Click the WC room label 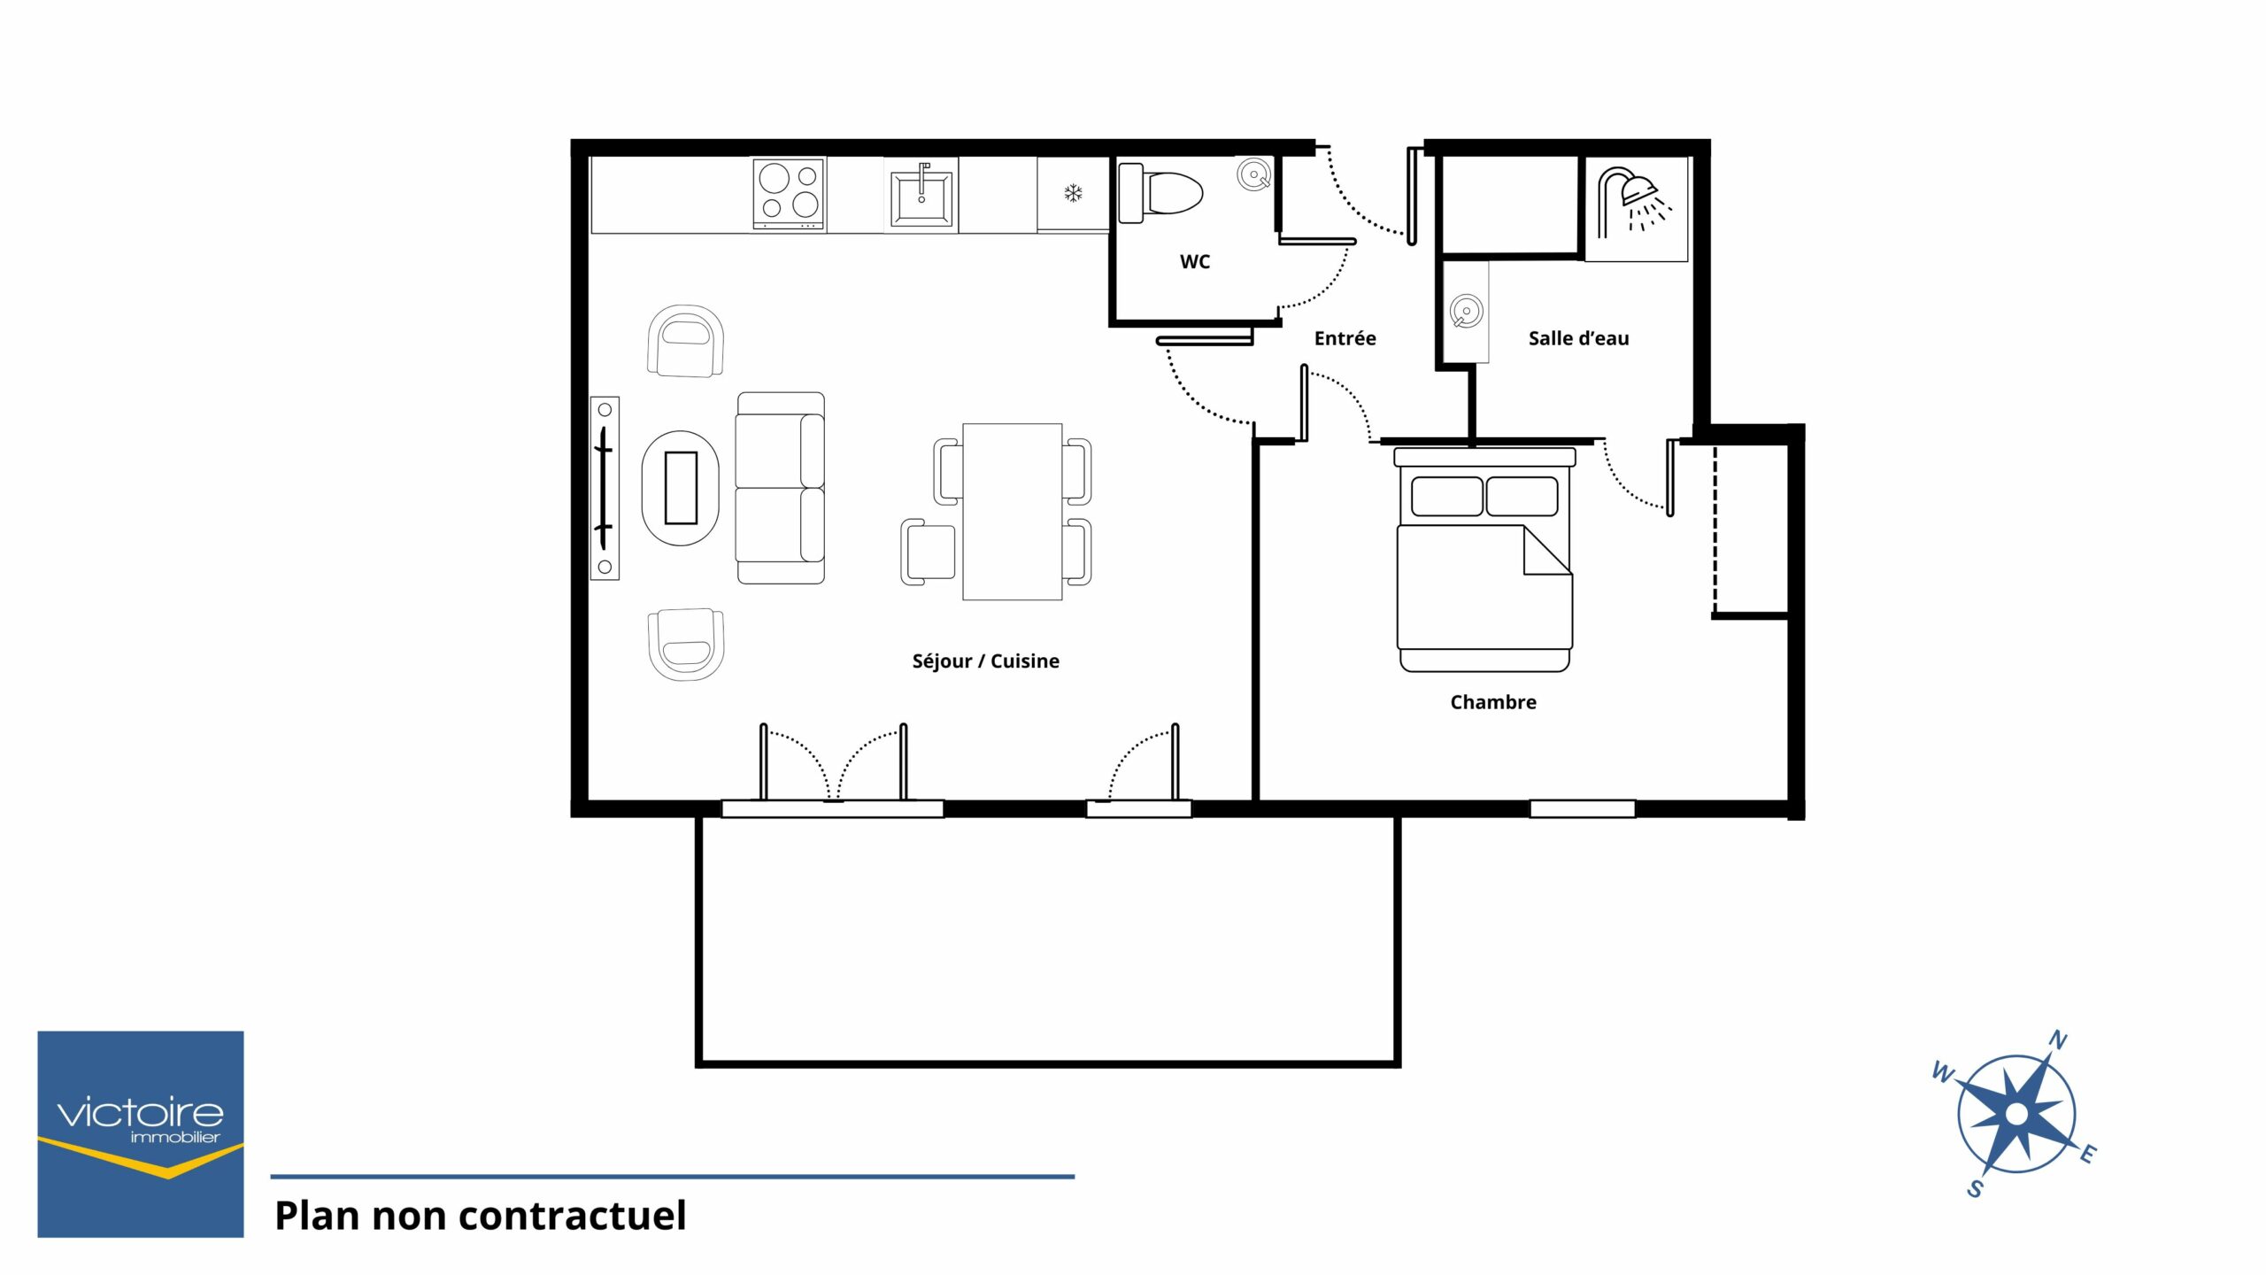[x=1194, y=262]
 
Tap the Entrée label [x=1345, y=338]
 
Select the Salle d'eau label [x=1578, y=338]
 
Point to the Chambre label [x=1493, y=702]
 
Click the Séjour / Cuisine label [x=985, y=661]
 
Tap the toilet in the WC [x=1160, y=192]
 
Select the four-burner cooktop [x=790, y=194]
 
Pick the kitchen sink [x=921, y=195]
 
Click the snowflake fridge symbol [x=1073, y=193]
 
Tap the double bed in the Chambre [x=1484, y=560]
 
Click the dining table [x=1012, y=512]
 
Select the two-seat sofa [x=781, y=488]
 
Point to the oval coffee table [x=680, y=488]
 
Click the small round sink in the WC [x=1253, y=175]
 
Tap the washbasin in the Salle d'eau [x=1466, y=312]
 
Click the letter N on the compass [x=2059, y=1039]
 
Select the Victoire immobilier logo [x=141, y=1134]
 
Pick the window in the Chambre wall [x=1583, y=808]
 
